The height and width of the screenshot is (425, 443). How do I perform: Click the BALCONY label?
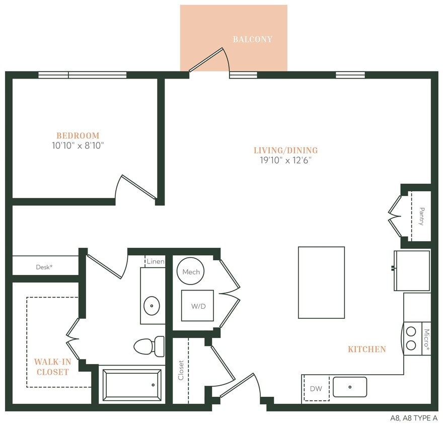pos(252,39)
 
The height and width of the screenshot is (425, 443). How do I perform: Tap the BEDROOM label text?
pos(78,135)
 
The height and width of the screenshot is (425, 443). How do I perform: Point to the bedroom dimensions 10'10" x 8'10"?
pos(78,146)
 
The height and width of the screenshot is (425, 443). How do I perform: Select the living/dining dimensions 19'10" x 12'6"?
pos(286,161)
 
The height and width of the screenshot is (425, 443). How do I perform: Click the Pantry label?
pos(421,216)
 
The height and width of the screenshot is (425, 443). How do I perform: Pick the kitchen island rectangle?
pos(321,282)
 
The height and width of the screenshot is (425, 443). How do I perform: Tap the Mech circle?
pos(191,272)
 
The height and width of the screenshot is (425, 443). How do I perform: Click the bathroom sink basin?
pos(152,305)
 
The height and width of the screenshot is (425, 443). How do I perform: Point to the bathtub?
pos(132,385)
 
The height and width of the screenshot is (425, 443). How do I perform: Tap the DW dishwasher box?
pos(316,389)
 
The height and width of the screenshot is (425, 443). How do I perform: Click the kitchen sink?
pos(350,387)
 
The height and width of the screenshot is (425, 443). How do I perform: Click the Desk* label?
pos(44,267)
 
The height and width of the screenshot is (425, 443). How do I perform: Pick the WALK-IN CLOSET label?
pos(51,367)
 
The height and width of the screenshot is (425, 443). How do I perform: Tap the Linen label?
pos(155,262)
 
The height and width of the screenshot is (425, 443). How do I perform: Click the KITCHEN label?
pos(367,349)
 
